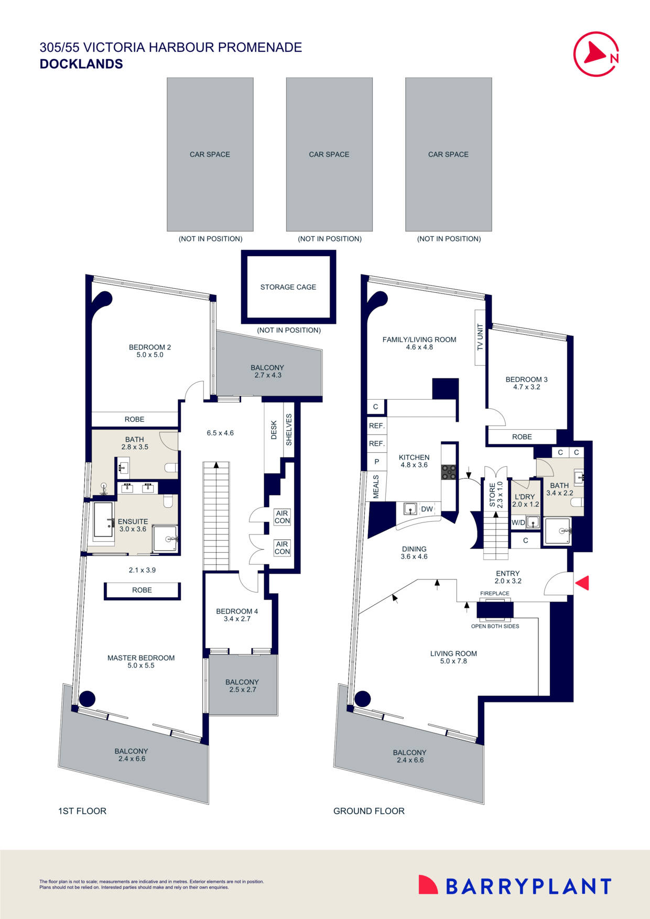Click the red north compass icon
596,54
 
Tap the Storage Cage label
288,287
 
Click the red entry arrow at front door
582,583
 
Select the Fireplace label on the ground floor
495,594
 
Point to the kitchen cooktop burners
449,472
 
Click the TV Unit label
480,337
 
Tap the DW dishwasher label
427,509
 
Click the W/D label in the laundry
518,522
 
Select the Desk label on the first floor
274,430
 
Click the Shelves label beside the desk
289,430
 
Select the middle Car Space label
329,155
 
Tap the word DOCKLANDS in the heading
81,64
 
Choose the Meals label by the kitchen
376,487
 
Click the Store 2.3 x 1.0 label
496,495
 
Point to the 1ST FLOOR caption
82,811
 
